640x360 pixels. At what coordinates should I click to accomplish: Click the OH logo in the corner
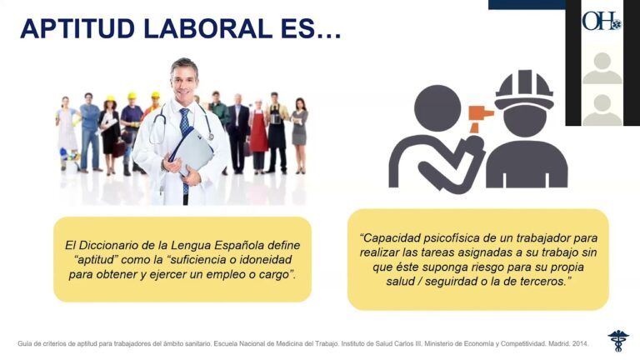click(x=601, y=21)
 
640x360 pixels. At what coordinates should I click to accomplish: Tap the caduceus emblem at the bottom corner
click(x=618, y=340)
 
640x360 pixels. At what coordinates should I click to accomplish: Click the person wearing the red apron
click(x=258, y=133)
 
